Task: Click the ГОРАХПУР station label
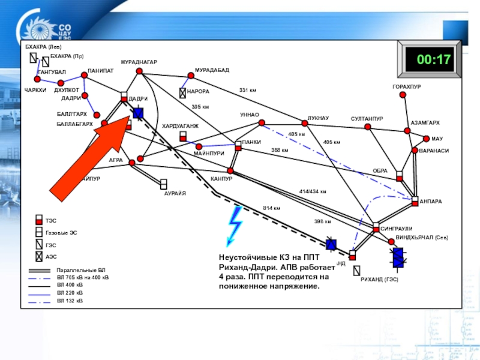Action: coord(406,87)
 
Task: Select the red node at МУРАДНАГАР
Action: coord(139,71)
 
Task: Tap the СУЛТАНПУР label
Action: coord(367,119)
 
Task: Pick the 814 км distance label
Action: coord(272,208)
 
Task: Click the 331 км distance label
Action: coord(248,90)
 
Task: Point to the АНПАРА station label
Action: coord(431,202)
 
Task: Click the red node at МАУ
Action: coord(427,139)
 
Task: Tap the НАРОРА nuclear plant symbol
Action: coord(183,93)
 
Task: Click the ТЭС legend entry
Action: coord(51,221)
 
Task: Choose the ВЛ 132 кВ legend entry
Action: coord(70,299)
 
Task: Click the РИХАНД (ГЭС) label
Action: coord(379,280)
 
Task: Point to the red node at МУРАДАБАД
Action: coord(191,76)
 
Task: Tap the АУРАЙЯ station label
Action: coord(175,193)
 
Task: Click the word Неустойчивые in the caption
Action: coord(246,258)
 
